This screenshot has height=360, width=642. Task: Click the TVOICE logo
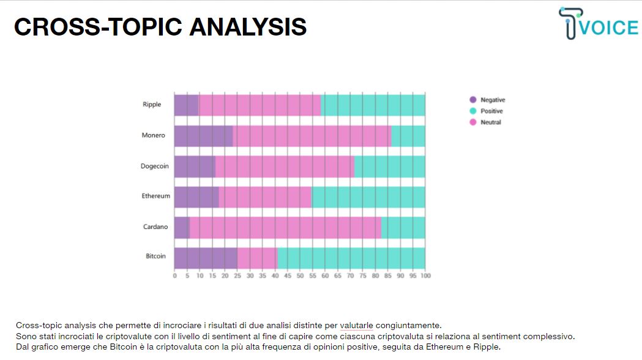point(598,23)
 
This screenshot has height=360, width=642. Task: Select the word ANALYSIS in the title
point(248,27)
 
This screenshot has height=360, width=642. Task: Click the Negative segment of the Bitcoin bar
point(206,258)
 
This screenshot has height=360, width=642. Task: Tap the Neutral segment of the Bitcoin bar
point(257,258)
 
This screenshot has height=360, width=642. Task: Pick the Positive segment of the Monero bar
point(408,136)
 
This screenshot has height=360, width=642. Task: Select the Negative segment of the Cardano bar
point(182,228)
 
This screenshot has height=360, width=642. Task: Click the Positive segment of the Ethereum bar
point(368,197)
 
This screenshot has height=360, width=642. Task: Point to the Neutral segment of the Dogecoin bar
point(285,167)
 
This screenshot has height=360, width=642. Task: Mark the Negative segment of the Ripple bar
point(186,105)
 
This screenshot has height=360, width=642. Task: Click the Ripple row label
point(152,105)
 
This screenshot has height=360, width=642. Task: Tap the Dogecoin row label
point(155,167)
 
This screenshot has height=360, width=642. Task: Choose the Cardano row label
point(155,227)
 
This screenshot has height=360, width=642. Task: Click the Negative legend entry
point(487,100)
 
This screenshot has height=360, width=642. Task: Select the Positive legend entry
point(486,111)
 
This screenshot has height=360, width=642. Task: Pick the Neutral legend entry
point(485,122)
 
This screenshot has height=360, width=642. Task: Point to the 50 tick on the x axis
point(300,276)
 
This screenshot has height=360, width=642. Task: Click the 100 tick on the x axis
point(425,276)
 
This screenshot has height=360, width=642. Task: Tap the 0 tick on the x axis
point(175,276)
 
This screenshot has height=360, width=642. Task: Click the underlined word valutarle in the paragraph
point(356,326)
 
